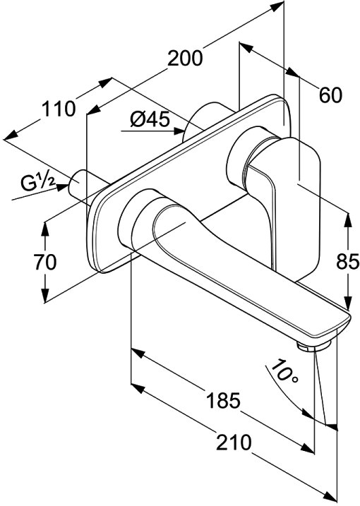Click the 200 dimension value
185,59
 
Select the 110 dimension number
59,109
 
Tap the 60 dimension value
330,95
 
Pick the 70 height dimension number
45,262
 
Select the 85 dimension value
348,261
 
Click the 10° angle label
284,371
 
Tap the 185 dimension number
224,400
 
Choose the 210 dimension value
234,442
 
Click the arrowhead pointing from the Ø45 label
179,131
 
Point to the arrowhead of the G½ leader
63,188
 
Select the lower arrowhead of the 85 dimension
348,303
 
